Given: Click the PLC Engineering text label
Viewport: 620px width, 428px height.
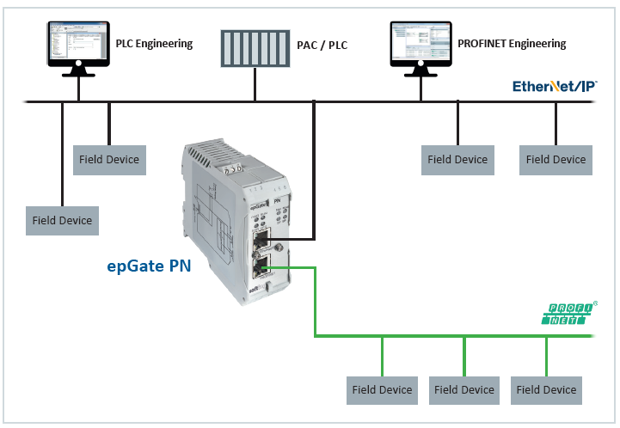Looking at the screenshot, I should coord(154,43).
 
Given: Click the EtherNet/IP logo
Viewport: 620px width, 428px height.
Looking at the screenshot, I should coord(554,86).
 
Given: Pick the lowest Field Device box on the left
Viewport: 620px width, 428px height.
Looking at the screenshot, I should coord(63,220).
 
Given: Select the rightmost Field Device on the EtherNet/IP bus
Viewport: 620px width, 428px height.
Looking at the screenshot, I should coord(556,159).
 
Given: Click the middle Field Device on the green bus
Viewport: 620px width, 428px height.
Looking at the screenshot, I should coord(464,389).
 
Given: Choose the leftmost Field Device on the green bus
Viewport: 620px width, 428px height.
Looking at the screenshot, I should coord(383,389).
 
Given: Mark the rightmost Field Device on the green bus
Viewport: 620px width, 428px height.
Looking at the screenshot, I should coord(546,389).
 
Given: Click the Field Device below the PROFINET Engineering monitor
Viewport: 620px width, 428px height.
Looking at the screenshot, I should coord(457,159).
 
